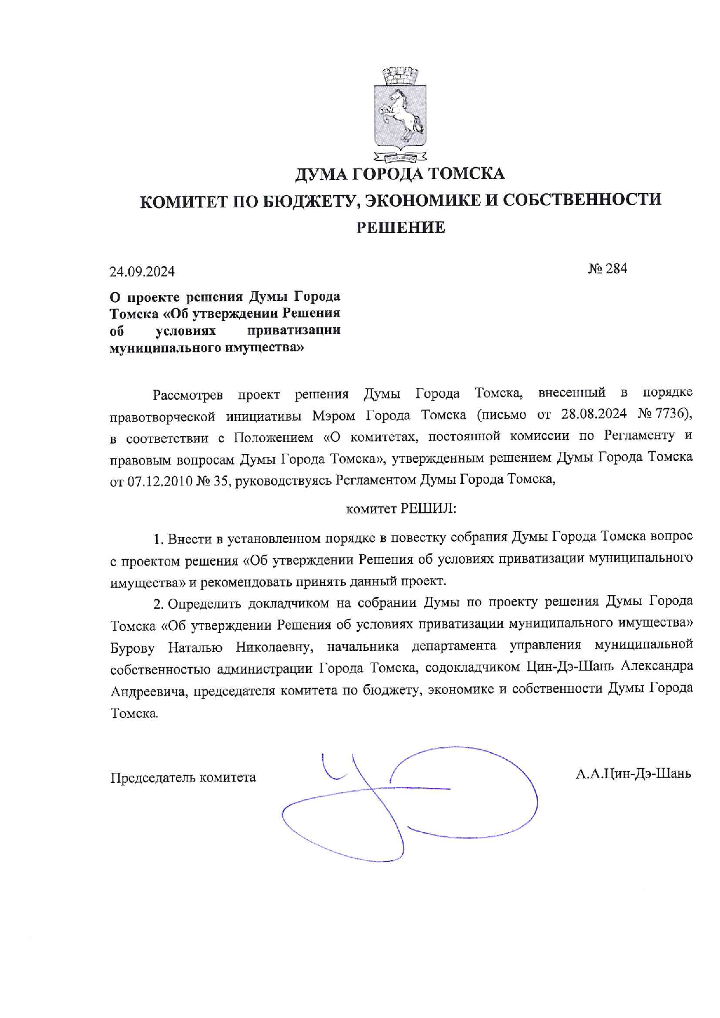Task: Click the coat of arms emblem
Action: pos(400,114)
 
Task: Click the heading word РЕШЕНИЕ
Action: pos(401,228)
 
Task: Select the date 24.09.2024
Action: pos(142,271)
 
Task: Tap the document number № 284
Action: pos(607,268)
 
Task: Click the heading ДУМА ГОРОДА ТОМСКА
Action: pos(400,173)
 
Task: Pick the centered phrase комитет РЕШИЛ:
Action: pos(401,509)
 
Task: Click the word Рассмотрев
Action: pos(188,395)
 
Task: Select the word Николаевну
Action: pos(274,647)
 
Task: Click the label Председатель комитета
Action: pos(183,777)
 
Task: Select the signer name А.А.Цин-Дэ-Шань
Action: pos(633,774)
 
